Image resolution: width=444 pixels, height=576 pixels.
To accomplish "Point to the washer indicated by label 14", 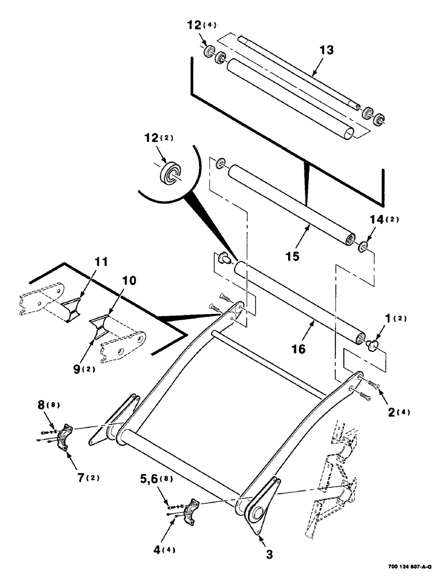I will (362, 247).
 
